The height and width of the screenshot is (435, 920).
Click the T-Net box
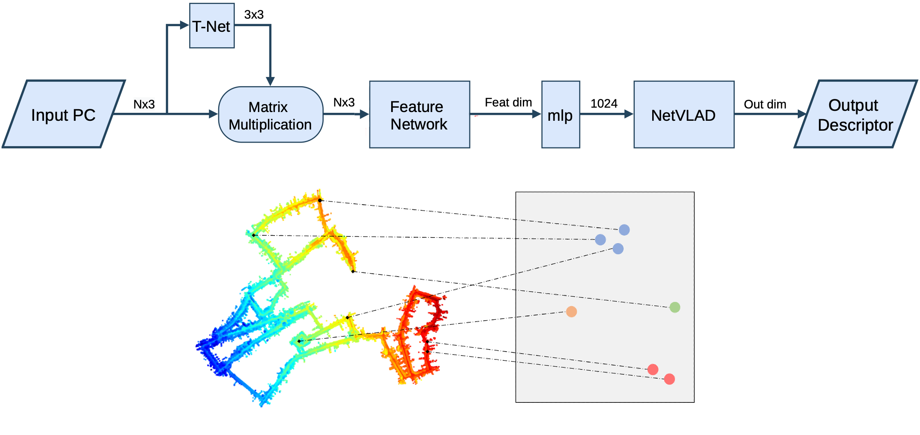pos(212,26)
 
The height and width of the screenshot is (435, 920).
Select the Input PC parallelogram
pos(63,114)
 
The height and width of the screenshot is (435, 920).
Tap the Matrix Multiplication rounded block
pos(271,115)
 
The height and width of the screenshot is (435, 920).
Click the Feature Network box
pos(419,115)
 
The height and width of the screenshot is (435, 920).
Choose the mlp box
pos(561,115)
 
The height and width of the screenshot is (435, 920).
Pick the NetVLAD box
pos(684,115)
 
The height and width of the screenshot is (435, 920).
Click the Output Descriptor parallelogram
pos(855,115)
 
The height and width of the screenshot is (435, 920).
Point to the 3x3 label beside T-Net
pos(254,15)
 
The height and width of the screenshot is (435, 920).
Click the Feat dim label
pos(508,102)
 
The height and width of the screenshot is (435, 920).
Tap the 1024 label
pos(604,104)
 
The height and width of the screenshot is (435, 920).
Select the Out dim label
pos(765,104)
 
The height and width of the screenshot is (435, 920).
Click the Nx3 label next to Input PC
pos(144,104)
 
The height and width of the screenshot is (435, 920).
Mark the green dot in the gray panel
pos(675,307)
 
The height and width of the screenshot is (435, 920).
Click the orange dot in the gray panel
pos(571,311)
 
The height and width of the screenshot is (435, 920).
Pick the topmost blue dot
pos(624,230)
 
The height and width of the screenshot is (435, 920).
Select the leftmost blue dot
pos(600,240)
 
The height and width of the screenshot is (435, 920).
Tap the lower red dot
pos(669,379)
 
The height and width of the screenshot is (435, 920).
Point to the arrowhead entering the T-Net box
pos(184,25)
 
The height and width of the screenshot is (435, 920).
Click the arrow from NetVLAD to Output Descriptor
pos(770,114)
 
